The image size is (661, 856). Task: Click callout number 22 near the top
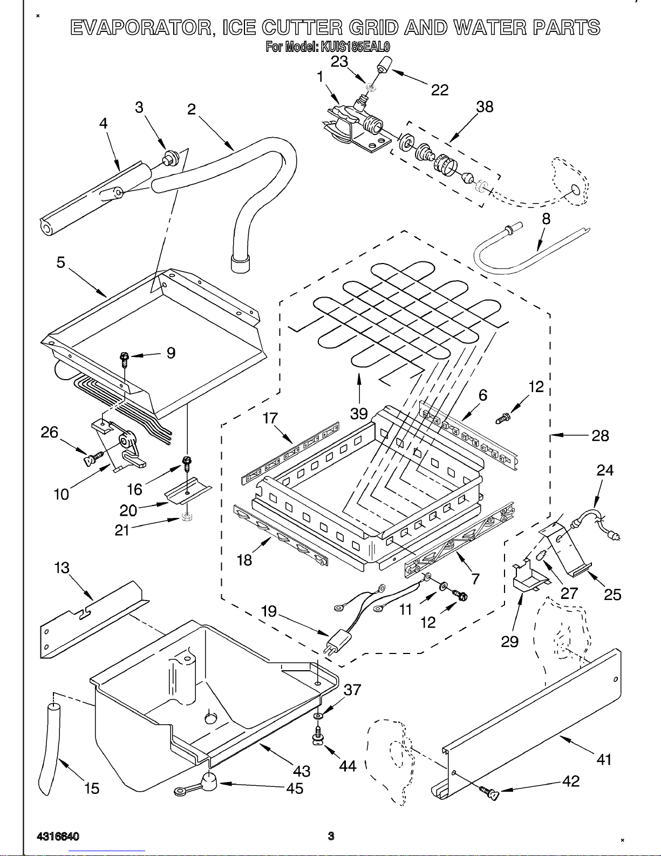pyautogui.click(x=440, y=90)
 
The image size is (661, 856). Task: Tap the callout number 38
pyautogui.click(x=485, y=107)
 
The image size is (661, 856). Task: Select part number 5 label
pyautogui.click(x=61, y=262)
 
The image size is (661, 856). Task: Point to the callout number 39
pyautogui.click(x=359, y=414)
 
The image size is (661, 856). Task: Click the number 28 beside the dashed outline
pyautogui.click(x=600, y=435)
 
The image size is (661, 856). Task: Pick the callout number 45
pyautogui.click(x=295, y=788)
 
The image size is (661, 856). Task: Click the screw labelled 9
pyautogui.click(x=125, y=357)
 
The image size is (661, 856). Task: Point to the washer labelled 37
pyautogui.click(x=319, y=716)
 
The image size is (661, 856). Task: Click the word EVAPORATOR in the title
pyautogui.click(x=141, y=28)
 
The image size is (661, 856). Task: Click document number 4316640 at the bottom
pyautogui.click(x=58, y=837)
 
